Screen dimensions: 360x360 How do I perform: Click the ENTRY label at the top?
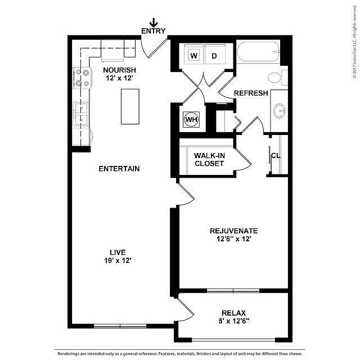(x=153, y=31)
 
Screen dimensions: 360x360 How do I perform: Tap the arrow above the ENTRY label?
(x=154, y=23)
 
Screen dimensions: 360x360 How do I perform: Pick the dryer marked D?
(x=215, y=55)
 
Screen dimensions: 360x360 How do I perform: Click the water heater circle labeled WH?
(x=191, y=119)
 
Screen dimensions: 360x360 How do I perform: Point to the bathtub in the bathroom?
(x=258, y=52)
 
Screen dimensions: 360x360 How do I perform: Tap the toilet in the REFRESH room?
(x=278, y=78)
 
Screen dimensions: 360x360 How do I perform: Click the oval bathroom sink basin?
(x=280, y=111)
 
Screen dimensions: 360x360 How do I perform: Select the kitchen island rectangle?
(x=130, y=106)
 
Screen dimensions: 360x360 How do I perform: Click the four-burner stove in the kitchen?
(x=82, y=78)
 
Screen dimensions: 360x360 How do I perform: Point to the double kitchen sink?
(x=80, y=114)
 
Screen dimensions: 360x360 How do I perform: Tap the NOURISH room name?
(x=119, y=70)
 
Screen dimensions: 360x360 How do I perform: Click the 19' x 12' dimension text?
(x=118, y=260)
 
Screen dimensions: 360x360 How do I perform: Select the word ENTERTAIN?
(x=119, y=169)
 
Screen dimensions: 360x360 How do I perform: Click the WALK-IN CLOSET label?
(x=209, y=160)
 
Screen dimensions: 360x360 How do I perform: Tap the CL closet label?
(x=276, y=156)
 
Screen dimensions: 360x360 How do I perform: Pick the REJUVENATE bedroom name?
(x=234, y=231)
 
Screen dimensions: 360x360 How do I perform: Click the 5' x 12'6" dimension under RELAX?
(x=234, y=321)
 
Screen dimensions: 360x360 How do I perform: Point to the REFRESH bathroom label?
(x=251, y=93)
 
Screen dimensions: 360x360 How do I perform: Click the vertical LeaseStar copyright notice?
(x=355, y=43)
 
